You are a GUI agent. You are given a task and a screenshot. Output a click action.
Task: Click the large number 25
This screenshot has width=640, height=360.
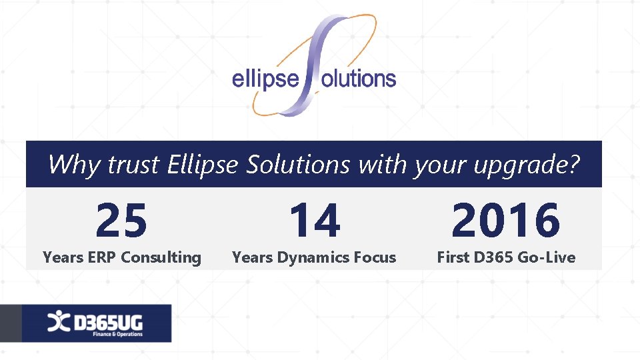click(121, 221)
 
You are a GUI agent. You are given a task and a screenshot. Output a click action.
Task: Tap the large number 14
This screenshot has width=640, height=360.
click(314, 221)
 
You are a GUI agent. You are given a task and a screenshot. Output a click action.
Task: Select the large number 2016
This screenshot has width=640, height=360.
click(506, 221)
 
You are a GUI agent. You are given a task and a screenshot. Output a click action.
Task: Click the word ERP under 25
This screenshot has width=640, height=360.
click(99, 257)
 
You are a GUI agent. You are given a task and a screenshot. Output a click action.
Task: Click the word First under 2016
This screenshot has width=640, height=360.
click(453, 257)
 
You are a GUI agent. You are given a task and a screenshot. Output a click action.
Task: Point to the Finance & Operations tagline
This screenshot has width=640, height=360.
click(117, 334)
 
